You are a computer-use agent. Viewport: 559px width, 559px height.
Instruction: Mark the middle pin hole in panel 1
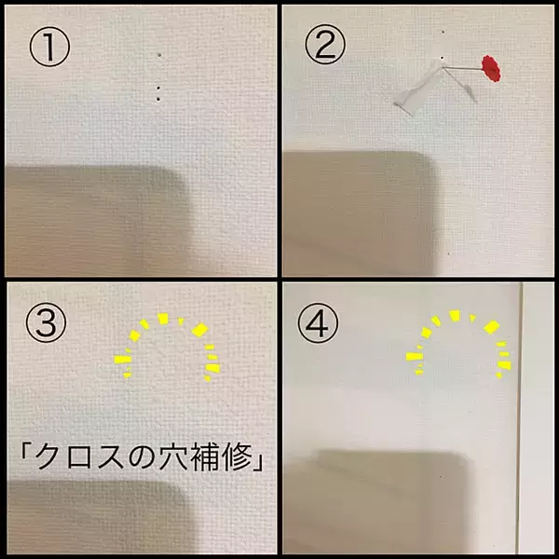(x=158, y=88)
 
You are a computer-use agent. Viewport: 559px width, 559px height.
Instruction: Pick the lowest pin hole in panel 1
(x=158, y=99)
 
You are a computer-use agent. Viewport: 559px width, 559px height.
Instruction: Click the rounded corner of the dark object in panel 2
(x=428, y=167)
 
